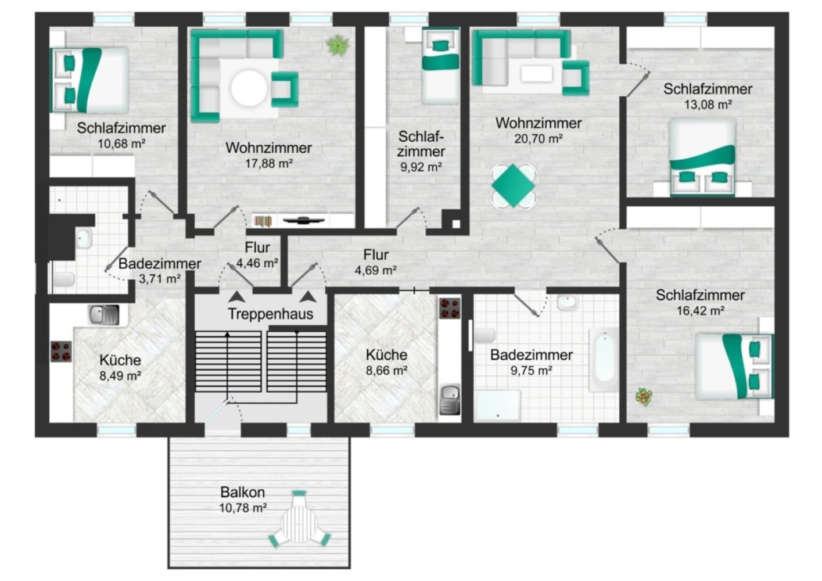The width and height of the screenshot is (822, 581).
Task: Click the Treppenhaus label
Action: pos(271,314)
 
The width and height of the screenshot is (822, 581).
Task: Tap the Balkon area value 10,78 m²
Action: pos(243,508)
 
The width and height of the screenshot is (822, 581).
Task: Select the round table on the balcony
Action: pos(299,523)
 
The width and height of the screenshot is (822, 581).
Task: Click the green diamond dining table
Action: pos(513,186)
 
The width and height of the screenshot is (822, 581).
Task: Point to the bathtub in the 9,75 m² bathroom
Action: pos(604,359)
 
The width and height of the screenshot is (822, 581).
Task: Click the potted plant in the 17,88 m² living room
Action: pos(338,45)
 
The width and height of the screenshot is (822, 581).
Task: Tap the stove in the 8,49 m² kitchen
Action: pos(61,352)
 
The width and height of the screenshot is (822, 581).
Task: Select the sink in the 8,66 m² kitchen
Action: pos(450,399)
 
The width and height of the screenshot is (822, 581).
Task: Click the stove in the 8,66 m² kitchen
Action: pos(450,309)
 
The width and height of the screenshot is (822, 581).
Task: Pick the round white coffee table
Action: pos(249,88)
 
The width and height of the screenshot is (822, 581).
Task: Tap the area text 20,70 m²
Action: pos(539,139)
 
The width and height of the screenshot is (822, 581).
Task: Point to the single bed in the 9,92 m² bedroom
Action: pos(440,66)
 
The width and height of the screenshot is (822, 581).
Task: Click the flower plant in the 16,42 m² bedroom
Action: pos(644,396)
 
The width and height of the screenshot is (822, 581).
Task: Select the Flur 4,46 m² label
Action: pos(257,255)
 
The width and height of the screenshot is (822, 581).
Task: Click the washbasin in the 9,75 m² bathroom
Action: pos(568,303)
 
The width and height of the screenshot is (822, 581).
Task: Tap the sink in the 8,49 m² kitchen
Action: pos(103,315)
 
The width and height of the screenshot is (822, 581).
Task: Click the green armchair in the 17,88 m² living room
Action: pos(285,89)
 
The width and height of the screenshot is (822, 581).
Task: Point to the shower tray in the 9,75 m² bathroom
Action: pos(497,406)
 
